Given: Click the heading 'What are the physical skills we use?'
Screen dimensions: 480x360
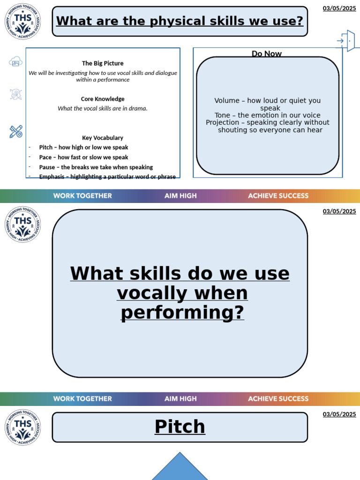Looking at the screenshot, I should pos(180,21).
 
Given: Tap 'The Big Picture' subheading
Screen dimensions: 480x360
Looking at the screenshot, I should pos(103,63).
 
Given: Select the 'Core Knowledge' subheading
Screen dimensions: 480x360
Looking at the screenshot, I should pos(103,99).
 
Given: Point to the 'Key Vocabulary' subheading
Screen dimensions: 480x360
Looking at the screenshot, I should pos(103,138).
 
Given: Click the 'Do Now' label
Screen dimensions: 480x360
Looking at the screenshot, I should pos(267,53).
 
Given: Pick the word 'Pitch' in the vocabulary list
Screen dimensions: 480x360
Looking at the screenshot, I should pos(46,147).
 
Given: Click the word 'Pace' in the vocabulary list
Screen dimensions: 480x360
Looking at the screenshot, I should pos(45,157).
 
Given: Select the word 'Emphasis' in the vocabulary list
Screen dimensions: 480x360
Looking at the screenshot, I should pos(52,177).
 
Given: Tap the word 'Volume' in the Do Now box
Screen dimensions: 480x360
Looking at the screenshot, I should pos(227,101).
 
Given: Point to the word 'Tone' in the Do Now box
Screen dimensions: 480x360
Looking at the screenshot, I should pos(223,115).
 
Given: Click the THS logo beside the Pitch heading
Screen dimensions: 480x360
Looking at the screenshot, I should pos(22,427).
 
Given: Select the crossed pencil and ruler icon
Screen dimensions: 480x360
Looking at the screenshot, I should pos(16,132).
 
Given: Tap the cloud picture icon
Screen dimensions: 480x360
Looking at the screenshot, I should pos(15,61).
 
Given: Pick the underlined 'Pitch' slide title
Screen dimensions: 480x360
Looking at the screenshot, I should pos(180,427).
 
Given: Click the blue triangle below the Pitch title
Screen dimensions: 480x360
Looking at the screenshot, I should pos(180,469).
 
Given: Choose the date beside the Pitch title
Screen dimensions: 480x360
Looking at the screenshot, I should pos(339,414).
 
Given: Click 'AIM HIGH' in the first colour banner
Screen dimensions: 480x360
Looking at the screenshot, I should pos(180,196).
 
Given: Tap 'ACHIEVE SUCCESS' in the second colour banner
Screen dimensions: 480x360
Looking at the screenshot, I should pos(278,399).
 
